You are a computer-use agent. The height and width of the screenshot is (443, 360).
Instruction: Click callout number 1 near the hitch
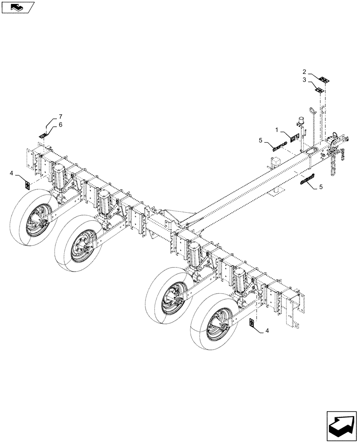point(277,131)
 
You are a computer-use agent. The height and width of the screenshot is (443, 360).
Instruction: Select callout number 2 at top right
point(304,71)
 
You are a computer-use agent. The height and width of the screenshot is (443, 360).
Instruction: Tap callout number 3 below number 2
point(304,80)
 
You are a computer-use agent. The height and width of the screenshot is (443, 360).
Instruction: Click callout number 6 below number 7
point(60,125)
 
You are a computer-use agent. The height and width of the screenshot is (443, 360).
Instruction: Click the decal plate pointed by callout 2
point(325,80)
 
